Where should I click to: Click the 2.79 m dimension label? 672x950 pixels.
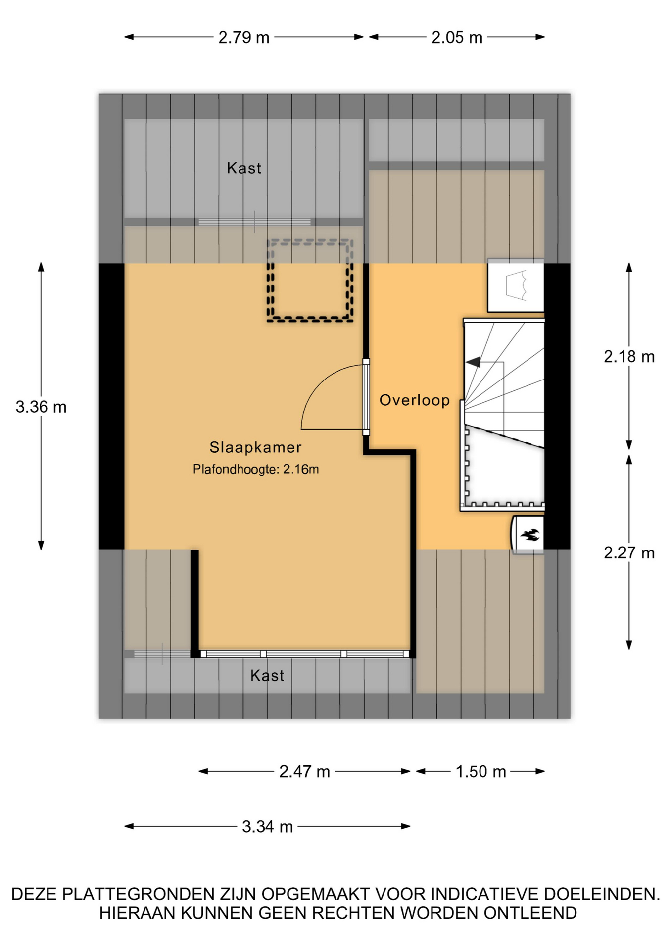pos(244,37)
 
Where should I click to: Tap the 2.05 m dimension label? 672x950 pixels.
pos(457,37)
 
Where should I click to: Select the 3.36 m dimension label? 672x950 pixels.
pos(41,407)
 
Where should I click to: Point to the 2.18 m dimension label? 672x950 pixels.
pos(629,356)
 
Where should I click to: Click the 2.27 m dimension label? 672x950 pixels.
pos(629,552)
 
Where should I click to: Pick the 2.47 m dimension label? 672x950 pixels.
pos(304,771)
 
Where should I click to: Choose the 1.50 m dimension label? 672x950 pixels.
pos(480,771)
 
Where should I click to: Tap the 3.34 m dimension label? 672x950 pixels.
pos(267,826)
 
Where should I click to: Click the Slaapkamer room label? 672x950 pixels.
pos(255,447)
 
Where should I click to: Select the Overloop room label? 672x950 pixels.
pos(415,400)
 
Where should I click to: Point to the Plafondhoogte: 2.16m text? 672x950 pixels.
pos(256,469)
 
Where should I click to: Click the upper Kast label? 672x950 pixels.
pos(244,168)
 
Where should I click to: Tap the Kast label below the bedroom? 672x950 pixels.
pos(267,676)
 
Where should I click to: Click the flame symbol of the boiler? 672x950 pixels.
pos(530,535)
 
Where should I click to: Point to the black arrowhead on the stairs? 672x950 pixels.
pos(473,362)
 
